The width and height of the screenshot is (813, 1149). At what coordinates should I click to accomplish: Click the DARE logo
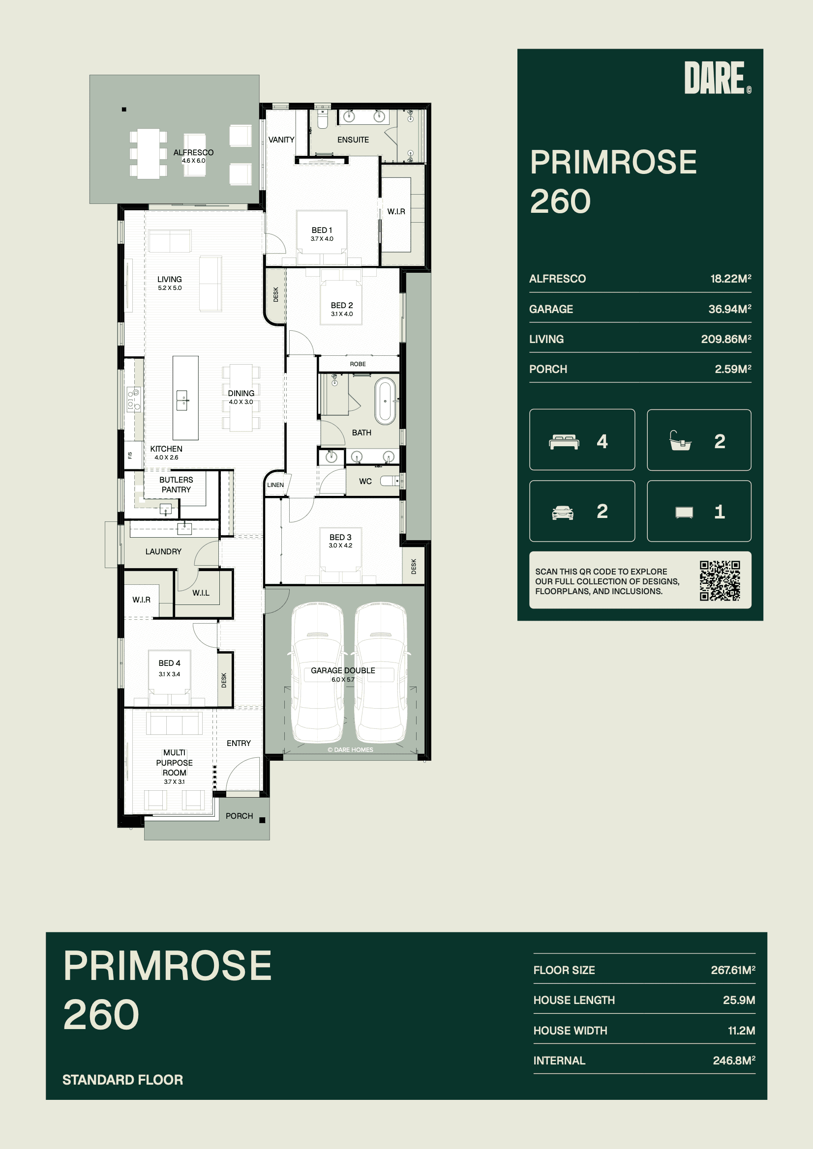pos(717,78)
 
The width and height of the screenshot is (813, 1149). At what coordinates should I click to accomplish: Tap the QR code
pos(720,580)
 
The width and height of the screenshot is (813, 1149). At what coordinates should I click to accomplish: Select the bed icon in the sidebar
pos(564,442)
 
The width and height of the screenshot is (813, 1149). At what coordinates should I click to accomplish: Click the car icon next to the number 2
pos(563,513)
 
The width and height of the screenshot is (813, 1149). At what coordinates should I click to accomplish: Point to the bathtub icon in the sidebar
pos(680,441)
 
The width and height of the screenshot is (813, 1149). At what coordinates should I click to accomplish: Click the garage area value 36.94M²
pos(729,309)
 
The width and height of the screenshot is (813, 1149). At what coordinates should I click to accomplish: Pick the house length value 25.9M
pos(739,1000)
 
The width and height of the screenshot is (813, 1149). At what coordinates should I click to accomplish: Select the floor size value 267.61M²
pos(733,970)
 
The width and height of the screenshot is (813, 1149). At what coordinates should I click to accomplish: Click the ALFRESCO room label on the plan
pos(193,153)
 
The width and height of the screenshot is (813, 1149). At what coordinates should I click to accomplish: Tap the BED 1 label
pos(322,230)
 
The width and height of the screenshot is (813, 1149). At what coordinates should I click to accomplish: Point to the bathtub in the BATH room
pos(385,402)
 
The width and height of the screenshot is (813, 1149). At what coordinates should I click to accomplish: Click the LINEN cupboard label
pos(275,485)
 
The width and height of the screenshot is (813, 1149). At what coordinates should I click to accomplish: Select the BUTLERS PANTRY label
pos(176,485)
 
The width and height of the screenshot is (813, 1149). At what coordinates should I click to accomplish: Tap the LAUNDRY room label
pos(163,551)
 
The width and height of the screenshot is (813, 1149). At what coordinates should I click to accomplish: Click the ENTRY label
pos(239,743)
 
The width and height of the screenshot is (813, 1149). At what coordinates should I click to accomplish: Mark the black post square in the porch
pos(262,820)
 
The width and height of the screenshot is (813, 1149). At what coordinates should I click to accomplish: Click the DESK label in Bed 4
pos(224,680)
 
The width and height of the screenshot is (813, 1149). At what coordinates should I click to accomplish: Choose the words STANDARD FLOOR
pos(123,1079)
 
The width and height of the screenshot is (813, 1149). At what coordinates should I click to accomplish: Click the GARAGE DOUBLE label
pos(343,671)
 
